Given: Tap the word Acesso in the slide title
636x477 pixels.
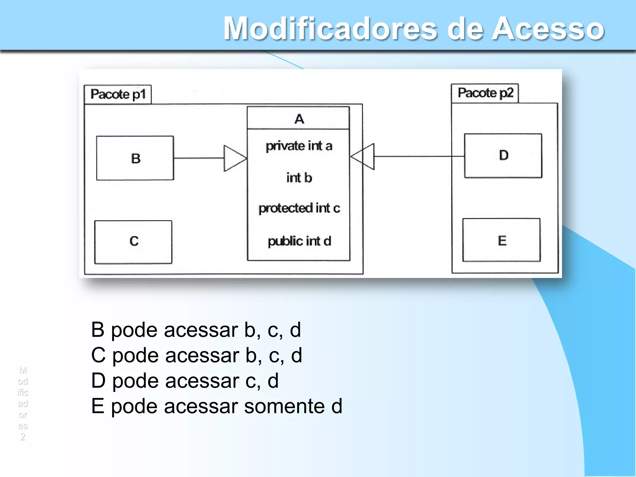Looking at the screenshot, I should point(548,29).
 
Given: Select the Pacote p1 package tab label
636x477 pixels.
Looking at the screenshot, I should point(118,94).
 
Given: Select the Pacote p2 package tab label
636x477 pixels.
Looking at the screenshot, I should point(485,93).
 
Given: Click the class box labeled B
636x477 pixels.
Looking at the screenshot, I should point(135,158).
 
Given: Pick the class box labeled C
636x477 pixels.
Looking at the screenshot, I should point(133,242).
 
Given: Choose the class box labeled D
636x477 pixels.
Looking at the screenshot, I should point(503,156).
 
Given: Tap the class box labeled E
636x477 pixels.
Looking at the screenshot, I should point(502,240).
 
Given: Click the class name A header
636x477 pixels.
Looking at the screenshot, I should point(299,119).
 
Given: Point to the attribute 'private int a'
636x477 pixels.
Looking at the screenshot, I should point(299,146).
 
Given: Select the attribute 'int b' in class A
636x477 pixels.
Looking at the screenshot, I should point(299,178).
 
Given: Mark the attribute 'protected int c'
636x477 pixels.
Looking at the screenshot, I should point(299,208).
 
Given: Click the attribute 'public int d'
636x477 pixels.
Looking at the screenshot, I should point(299,241).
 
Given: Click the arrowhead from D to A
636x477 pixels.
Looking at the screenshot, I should point(363,157).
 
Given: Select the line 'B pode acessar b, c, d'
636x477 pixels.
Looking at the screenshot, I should point(196,330).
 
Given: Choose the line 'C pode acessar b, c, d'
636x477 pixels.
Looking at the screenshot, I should point(197,355).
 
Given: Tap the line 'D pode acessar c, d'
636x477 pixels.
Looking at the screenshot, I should point(185,381).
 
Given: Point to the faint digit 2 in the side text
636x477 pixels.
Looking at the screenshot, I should point(23,437).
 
